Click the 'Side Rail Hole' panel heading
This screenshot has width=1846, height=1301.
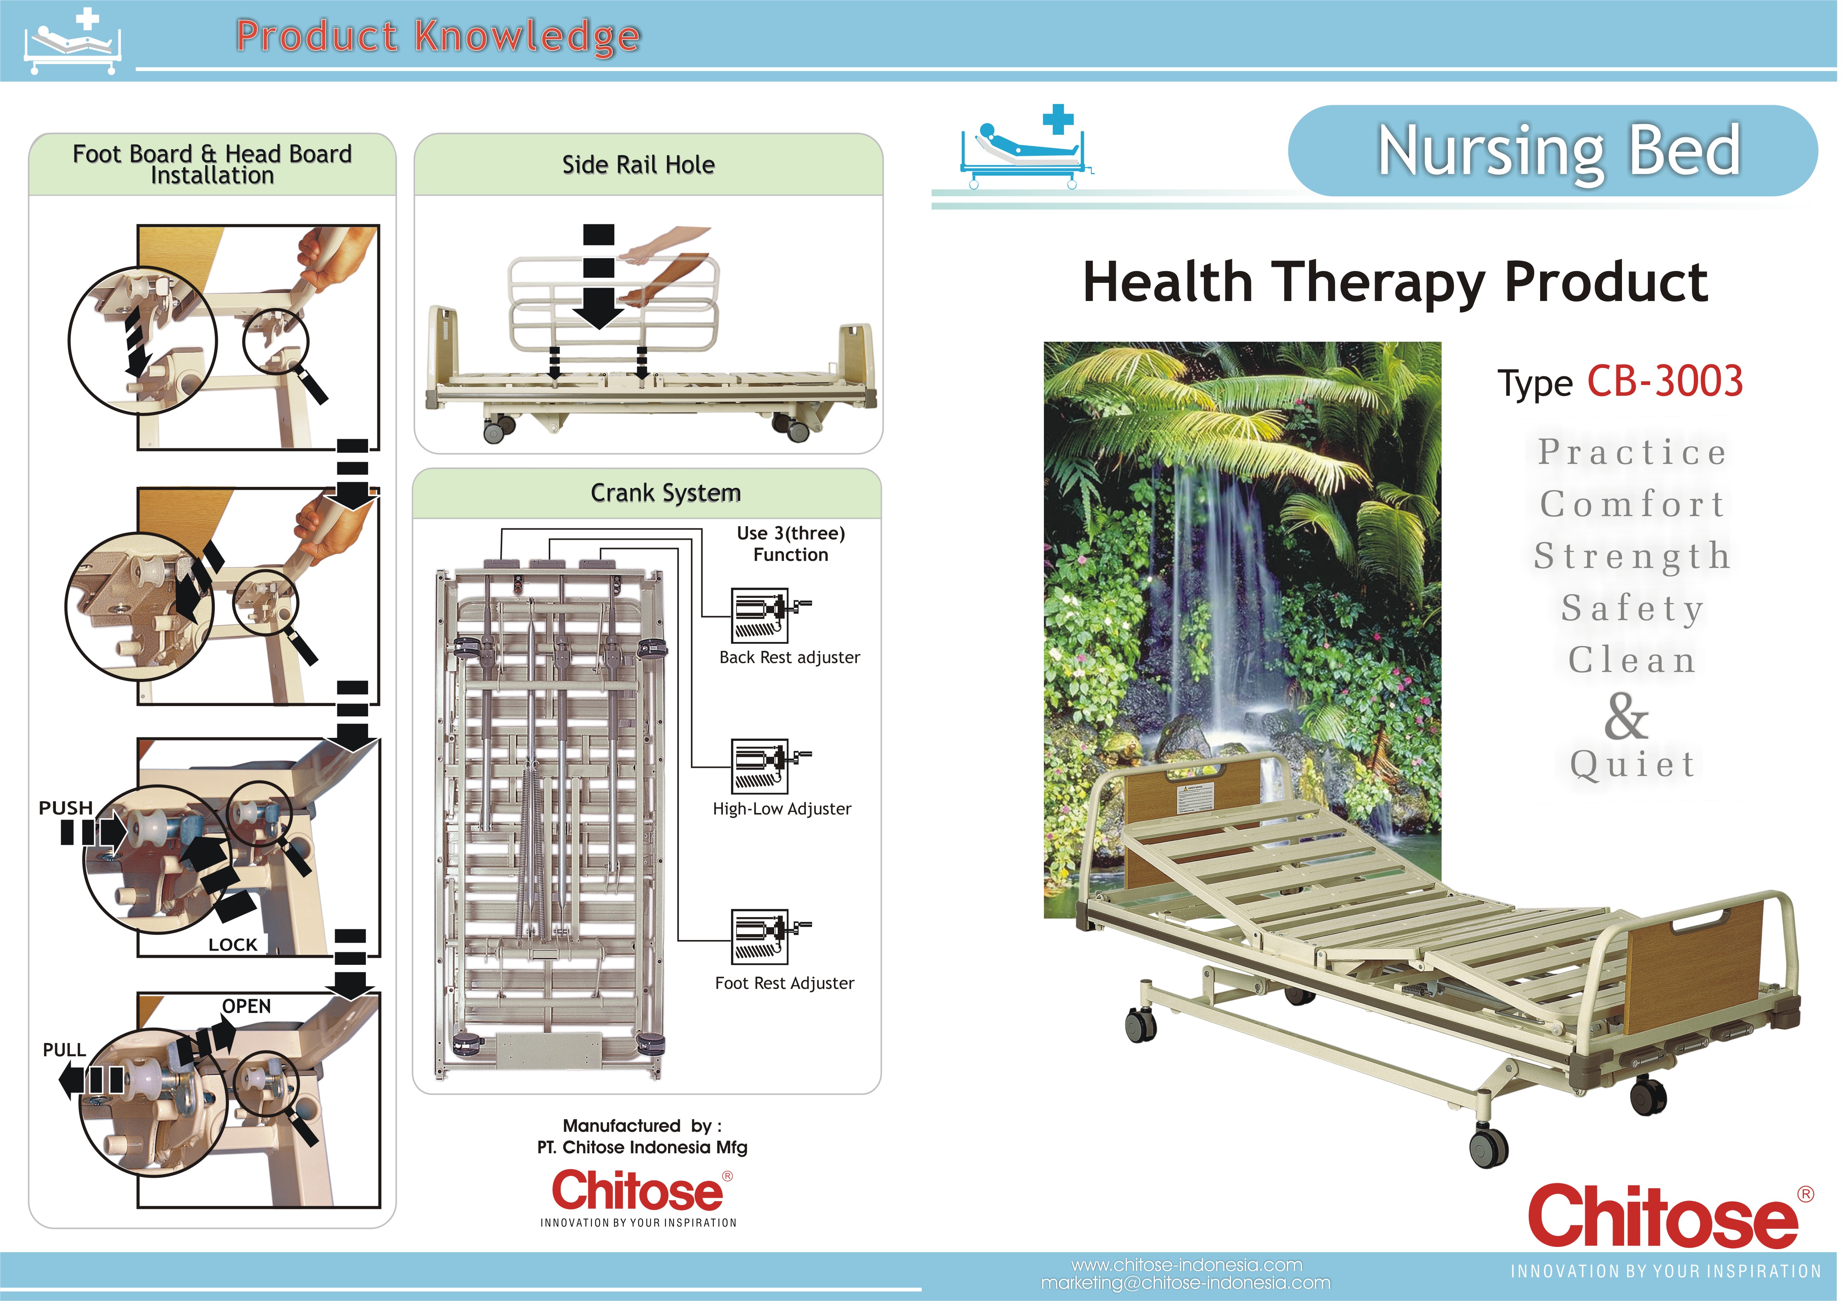(x=638, y=165)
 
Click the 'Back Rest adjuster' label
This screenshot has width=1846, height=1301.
(x=790, y=658)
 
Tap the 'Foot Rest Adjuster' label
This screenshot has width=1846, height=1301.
(x=785, y=983)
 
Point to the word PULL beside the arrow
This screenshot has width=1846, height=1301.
(x=64, y=1050)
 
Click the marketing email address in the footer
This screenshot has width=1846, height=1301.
(x=1186, y=1283)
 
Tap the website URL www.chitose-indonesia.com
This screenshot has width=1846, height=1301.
(x=1187, y=1265)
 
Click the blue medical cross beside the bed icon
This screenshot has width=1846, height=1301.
(x=1058, y=119)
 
